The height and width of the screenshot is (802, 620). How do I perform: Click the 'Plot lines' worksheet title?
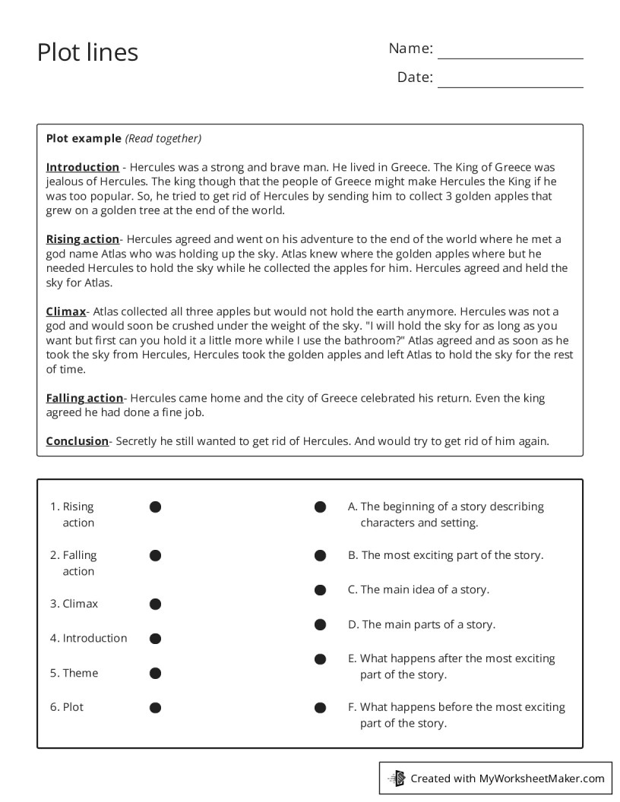click(x=87, y=52)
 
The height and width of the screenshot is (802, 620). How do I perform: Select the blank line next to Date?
click(x=510, y=80)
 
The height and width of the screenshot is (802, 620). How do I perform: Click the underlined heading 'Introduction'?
click(x=83, y=167)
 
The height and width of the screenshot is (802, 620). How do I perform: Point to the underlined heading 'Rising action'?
click(x=83, y=239)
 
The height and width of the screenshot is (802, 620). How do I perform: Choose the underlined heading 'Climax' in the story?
click(x=66, y=311)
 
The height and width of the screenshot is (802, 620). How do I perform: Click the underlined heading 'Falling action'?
click(x=84, y=398)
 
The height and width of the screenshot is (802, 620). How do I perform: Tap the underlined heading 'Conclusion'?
click(x=77, y=441)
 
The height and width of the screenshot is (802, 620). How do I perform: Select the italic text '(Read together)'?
click(x=163, y=138)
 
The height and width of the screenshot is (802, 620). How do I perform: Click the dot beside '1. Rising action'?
click(x=155, y=507)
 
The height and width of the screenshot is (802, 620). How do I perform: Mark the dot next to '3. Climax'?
click(x=155, y=605)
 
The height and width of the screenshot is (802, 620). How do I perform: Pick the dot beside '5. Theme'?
click(x=155, y=674)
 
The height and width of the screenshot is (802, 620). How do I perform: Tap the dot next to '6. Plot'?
click(x=155, y=708)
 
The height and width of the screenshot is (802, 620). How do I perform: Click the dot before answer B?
click(x=321, y=556)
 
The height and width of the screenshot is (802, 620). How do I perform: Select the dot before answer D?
click(x=321, y=625)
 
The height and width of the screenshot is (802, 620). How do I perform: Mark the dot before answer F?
click(x=321, y=708)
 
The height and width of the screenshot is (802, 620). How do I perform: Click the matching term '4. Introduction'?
click(x=89, y=639)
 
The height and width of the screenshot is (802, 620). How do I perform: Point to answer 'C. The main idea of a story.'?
click(x=419, y=589)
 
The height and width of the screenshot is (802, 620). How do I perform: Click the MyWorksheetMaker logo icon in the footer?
click(x=397, y=778)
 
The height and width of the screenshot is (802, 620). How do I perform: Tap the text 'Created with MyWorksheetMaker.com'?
click(x=507, y=778)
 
